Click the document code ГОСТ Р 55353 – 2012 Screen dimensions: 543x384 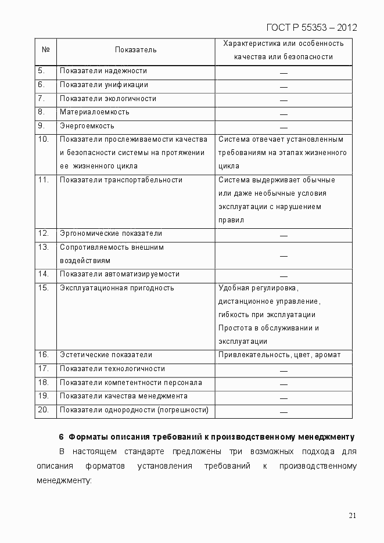[x=311, y=27]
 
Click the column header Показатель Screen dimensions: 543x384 [x=135, y=50]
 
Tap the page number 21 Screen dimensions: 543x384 [x=352, y=515]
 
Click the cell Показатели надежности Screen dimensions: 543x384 [x=103, y=71]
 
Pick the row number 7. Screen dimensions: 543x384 [x=41, y=99]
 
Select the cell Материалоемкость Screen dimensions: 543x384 [x=95, y=112]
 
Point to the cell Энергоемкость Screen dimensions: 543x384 [x=87, y=126]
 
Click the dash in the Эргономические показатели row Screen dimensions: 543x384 [x=283, y=235]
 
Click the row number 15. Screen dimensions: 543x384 [x=43, y=288]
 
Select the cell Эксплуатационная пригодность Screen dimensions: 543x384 [x=117, y=288]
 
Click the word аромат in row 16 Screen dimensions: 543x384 [x=328, y=355]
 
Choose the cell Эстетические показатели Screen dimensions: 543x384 [x=106, y=355]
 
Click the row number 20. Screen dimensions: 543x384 [x=43, y=410]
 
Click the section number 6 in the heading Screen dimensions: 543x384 [x=61, y=437]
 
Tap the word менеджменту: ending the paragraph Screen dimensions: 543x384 [x=64, y=481]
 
